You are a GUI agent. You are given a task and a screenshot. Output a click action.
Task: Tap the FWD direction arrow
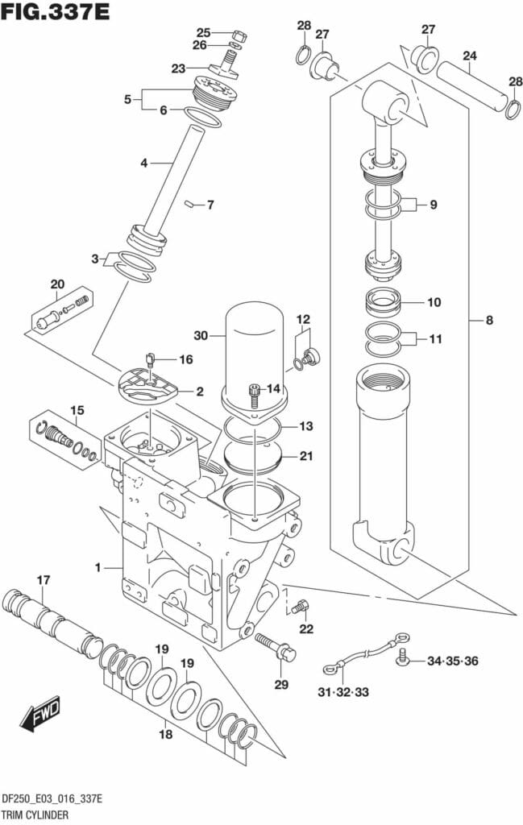coord(37,713)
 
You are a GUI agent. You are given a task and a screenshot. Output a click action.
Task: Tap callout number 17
coord(43,579)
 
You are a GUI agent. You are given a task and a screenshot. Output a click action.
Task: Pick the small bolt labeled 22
coord(301,607)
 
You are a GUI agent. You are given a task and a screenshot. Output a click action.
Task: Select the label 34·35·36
coord(452,661)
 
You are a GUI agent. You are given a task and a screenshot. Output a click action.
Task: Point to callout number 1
coord(98,568)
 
